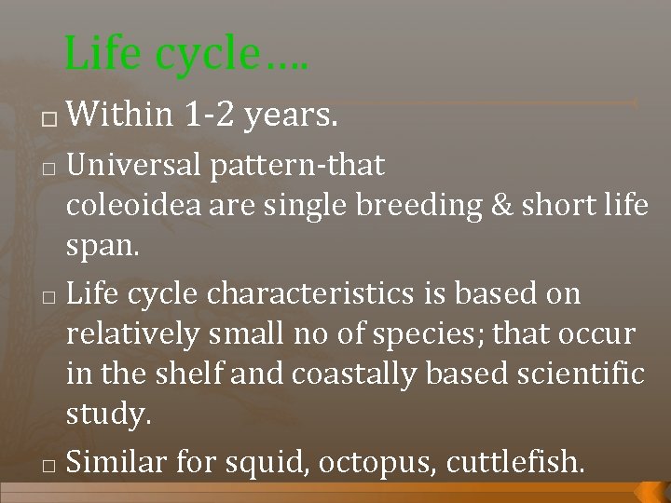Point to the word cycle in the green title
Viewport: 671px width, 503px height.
(206, 56)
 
